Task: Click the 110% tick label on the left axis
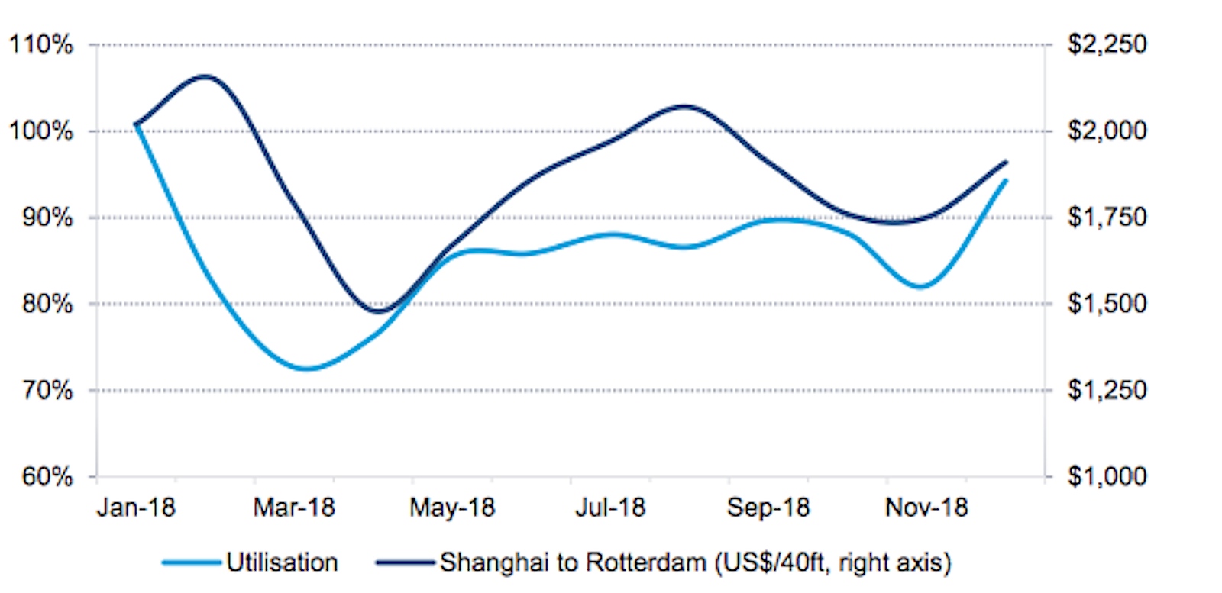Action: click(x=41, y=45)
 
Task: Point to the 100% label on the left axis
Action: click(x=41, y=131)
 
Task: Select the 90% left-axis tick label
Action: click(x=47, y=218)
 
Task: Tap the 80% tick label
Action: click(x=47, y=304)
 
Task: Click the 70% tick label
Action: click(x=47, y=390)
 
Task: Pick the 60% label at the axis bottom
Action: click(x=47, y=477)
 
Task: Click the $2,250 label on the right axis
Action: click(x=1107, y=44)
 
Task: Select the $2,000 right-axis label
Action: click(x=1107, y=131)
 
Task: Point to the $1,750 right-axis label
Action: click(x=1107, y=218)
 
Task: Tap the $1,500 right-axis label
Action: click(x=1107, y=304)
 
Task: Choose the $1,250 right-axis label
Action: click(x=1107, y=390)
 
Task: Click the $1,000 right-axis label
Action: click(x=1107, y=477)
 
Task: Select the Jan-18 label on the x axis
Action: click(x=136, y=508)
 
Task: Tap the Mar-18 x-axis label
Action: click(x=294, y=508)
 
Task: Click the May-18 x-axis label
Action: click(x=452, y=508)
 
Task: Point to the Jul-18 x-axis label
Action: click(x=610, y=508)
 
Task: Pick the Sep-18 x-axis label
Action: click(x=768, y=508)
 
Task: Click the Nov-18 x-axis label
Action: click(x=926, y=508)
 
